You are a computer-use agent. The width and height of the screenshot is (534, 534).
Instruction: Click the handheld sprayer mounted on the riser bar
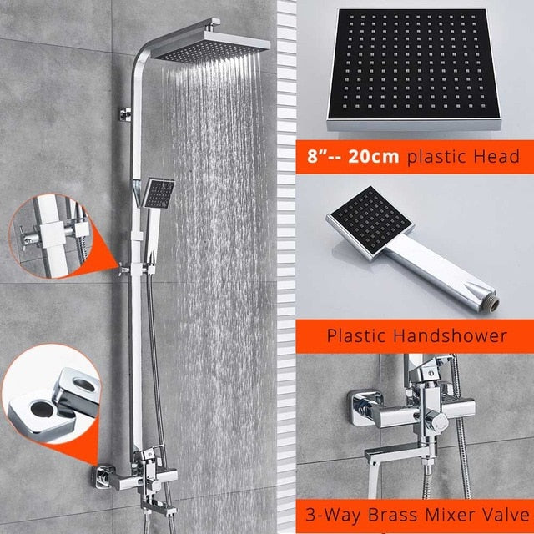[x=157, y=195]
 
